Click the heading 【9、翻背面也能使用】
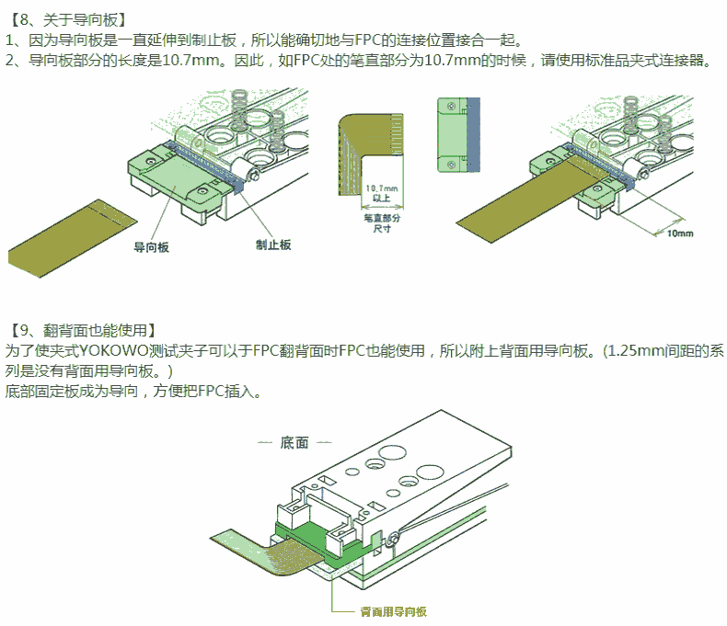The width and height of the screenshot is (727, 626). [84, 329]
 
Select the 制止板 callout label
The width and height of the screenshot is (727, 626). [272, 244]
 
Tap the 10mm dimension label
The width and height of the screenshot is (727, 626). [678, 233]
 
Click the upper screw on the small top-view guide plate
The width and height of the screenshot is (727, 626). [450, 108]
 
